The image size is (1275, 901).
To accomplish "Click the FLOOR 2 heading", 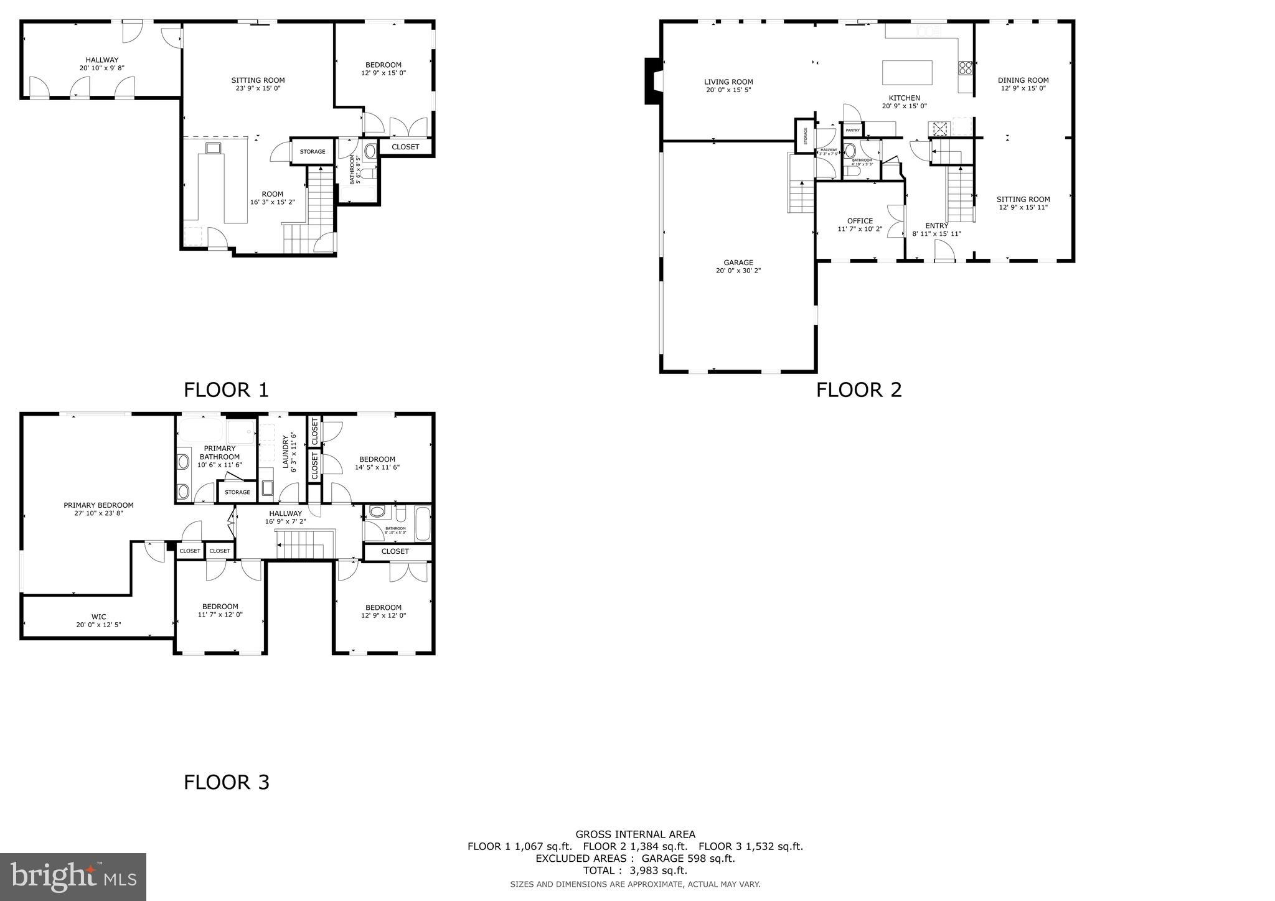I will [859, 390].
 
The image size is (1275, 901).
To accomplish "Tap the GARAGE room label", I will [738, 263].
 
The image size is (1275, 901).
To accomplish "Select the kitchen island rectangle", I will [907, 73].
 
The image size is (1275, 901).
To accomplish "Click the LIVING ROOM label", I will [728, 82].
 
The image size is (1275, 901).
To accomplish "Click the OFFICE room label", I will [860, 221].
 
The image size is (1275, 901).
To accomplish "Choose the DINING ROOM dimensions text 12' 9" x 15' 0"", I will [1023, 88].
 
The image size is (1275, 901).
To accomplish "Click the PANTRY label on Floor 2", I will [852, 130].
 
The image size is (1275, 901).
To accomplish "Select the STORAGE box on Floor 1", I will [313, 152].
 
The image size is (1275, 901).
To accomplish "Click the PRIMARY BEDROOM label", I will [98, 505].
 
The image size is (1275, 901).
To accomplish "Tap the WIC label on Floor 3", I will [98, 617].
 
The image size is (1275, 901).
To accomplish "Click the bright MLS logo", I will [73, 877].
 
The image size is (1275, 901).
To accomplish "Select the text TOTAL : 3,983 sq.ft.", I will [634, 871].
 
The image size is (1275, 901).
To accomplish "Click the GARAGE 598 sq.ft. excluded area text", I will [684, 859].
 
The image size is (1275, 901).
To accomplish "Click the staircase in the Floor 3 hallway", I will [301, 544].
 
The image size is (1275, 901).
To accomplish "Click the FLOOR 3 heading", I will [226, 782].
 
